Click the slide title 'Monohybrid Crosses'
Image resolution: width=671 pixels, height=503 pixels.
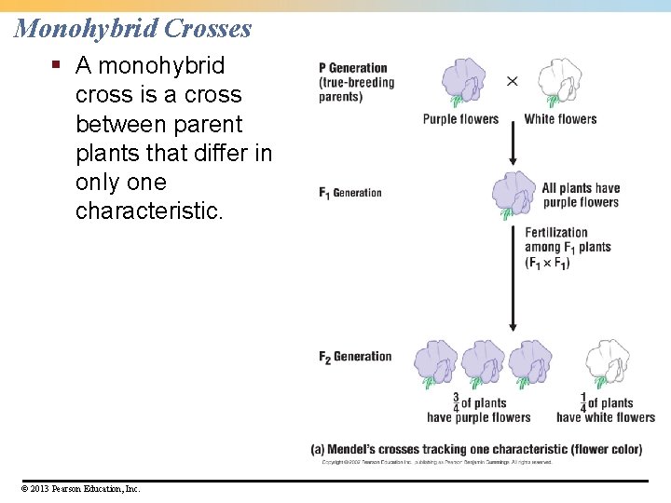(x=133, y=28)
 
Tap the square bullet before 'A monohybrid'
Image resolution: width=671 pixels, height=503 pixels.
(x=56, y=66)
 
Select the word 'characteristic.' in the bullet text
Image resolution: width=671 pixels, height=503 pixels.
(x=149, y=211)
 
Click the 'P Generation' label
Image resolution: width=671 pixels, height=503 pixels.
(x=352, y=68)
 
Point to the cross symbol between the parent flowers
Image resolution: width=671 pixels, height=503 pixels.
(x=512, y=82)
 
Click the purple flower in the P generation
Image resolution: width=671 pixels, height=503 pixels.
(x=463, y=84)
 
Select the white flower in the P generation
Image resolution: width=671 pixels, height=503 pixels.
(x=560, y=84)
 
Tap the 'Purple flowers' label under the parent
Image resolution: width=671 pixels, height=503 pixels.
(x=460, y=119)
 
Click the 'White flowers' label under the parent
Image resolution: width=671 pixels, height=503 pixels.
(x=560, y=119)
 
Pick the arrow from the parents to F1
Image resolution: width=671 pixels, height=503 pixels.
(x=512, y=144)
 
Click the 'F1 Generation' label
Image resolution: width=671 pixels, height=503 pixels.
(x=350, y=193)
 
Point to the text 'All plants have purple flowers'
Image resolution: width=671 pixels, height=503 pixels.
(x=580, y=196)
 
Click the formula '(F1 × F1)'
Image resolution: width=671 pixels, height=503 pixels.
(x=547, y=263)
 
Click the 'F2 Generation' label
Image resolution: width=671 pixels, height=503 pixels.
(x=355, y=357)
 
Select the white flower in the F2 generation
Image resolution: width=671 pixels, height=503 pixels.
(x=607, y=364)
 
